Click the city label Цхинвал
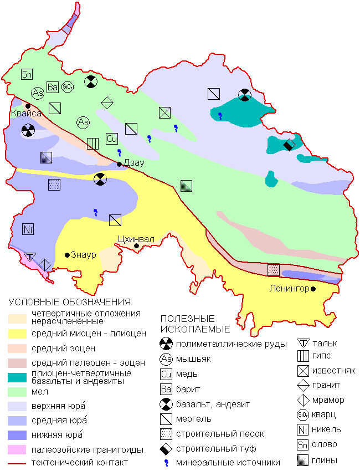pos(136,239)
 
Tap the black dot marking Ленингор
pos(313,289)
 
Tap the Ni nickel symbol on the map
pos(28,228)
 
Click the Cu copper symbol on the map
pos(112,139)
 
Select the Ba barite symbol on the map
pos(53,87)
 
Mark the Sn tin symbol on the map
pos(27,74)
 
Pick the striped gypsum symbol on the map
pos(92,144)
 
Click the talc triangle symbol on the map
pos(31,256)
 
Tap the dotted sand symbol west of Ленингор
pos(274,270)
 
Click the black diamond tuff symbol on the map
pos(289,145)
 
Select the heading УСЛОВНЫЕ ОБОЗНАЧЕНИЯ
pos(69,303)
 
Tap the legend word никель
pos(327,429)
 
